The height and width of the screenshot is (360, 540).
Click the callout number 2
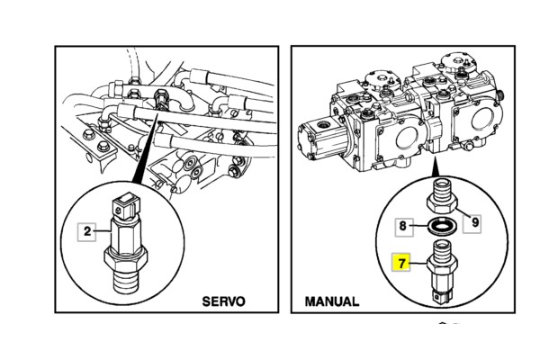[87, 231]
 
